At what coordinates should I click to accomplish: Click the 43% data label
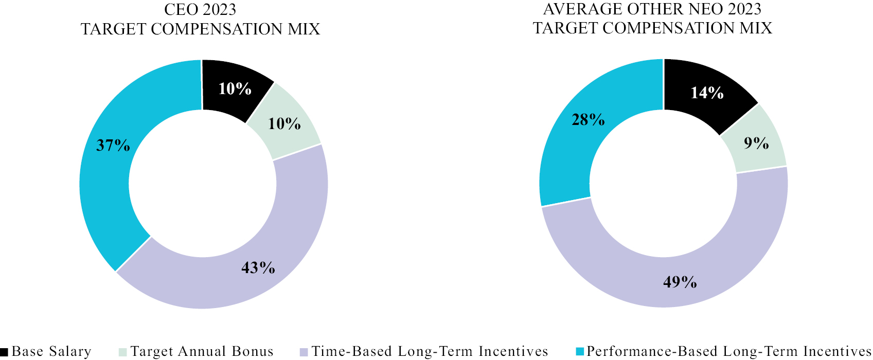pos(258,267)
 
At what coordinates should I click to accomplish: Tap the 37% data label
pos(113,146)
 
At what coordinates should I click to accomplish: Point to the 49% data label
pos(680,282)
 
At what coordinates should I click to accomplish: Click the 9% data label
pos(756,143)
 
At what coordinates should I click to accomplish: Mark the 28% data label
pos(588,120)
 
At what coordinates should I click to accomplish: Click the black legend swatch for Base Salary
pos(4,352)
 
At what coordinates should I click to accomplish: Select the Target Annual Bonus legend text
pos(202,351)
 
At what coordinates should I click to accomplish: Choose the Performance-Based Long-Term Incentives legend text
pos(728,351)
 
